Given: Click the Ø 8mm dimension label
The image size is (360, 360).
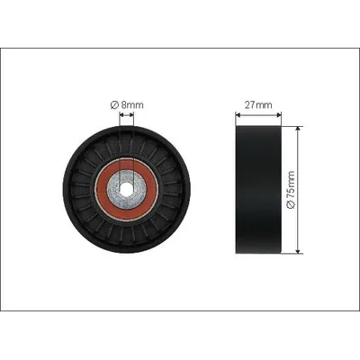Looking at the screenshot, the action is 127,104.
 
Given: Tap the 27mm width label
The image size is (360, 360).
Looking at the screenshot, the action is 258,104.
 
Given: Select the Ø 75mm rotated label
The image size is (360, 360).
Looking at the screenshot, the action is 291,190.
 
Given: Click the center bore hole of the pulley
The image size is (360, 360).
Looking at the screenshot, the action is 127,189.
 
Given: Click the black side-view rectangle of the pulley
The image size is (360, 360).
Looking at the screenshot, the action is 258,190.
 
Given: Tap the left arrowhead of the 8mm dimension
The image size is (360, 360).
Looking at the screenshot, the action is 121,114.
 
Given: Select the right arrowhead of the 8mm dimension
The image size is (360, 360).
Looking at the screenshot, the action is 131,114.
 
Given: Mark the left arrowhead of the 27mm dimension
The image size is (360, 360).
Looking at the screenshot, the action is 238,114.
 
